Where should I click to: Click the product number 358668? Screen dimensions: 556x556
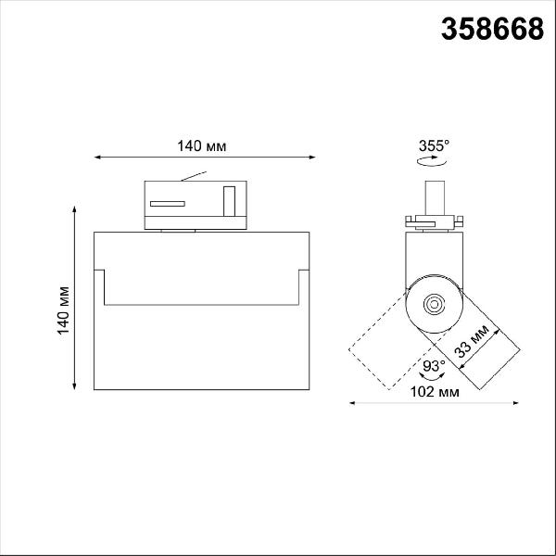(492, 29)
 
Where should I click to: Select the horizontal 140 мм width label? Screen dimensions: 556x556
(201, 145)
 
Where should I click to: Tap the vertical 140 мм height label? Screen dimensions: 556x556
(63, 310)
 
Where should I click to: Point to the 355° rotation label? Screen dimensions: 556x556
(434, 145)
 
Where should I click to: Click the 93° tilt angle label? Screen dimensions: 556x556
(434, 365)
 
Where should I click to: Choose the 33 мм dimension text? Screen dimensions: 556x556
(472, 341)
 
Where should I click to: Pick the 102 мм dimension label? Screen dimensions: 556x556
(435, 392)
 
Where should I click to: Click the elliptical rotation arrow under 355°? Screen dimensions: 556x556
(432, 161)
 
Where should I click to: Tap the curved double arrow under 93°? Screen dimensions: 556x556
(432, 376)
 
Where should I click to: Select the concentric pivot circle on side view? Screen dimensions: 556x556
(434, 304)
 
